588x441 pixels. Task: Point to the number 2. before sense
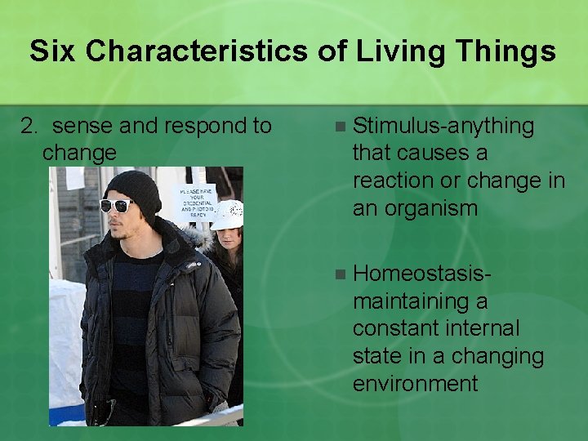point(29,126)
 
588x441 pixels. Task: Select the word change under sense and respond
point(79,153)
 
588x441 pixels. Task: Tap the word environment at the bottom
point(415,383)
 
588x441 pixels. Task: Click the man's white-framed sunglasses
point(116,205)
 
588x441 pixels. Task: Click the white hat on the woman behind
point(227,214)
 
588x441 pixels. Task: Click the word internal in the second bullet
point(482,328)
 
